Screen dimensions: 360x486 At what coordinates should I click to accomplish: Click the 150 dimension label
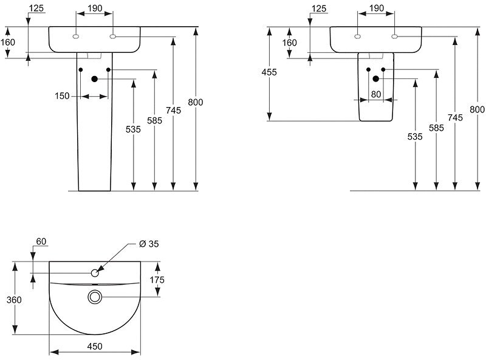coord(63,96)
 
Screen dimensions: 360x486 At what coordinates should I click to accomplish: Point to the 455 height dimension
coord(269,72)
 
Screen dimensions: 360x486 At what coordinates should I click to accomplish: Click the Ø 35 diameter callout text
coord(149,244)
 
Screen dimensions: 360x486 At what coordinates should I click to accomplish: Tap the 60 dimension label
coord(41,241)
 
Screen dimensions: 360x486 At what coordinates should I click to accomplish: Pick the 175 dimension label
coord(158,280)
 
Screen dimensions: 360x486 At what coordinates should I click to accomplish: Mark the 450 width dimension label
coord(95,346)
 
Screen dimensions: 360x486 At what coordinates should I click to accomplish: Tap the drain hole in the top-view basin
coord(95,297)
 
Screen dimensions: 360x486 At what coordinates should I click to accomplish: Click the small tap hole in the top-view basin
coord(95,273)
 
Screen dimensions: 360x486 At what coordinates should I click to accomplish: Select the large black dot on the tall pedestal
coord(95,79)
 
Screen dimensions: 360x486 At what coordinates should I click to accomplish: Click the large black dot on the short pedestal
coord(376,79)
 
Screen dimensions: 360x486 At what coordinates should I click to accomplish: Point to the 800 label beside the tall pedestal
coord(195,102)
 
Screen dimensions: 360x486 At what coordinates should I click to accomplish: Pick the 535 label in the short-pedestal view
coord(415,137)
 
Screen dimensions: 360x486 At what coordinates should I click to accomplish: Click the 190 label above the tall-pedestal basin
coord(95,9)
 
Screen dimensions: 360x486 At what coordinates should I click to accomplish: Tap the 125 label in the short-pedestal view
coord(318,9)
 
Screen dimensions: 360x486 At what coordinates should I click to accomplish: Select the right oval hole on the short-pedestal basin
coord(395,36)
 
